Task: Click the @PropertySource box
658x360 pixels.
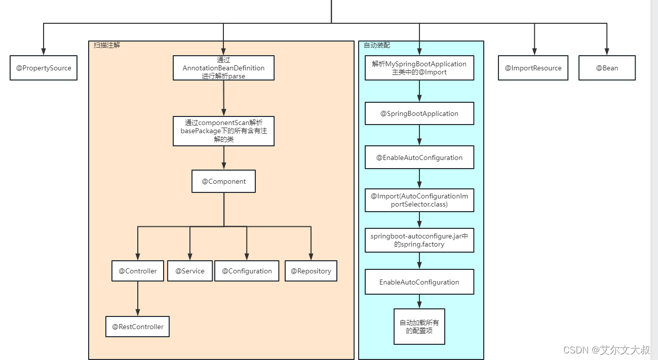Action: pyautogui.click(x=44, y=68)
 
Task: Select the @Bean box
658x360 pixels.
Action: pyautogui.click(x=607, y=68)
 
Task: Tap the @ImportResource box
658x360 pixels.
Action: pyautogui.click(x=533, y=68)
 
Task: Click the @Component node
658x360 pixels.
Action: pyautogui.click(x=223, y=181)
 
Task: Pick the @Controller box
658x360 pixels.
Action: pyautogui.click(x=138, y=271)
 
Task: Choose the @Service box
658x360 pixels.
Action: pyautogui.click(x=190, y=271)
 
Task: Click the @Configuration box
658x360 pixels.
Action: pyautogui.click(x=247, y=271)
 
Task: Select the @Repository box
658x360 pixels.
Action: pyautogui.click(x=311, y=271)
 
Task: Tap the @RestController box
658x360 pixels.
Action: pyautogui.click(x=137, y=327)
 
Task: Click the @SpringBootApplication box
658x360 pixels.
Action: pyautogui.click(x=419, y=113)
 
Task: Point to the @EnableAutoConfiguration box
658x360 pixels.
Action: pyautogui.click(x=419, y=157)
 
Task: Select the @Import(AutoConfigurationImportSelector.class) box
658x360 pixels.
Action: pyautogui.click(x=419, y=201)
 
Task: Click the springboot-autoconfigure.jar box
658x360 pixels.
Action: pyautogui.click(x=419, y=240)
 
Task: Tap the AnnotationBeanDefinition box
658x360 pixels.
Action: pyautogui.click(x=223, y=68)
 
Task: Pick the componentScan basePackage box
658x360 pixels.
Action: pyautogui.click(x=223, y=131)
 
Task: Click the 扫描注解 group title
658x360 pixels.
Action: pyautogui.click(x=107, y=45)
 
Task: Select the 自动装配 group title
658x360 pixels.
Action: pyautogui.click(x=377, y=45)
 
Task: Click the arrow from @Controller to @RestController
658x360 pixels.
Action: pyautogui.click(x=138, y=299)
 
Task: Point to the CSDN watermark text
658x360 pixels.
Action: pyautogui.click(x=607, y=350)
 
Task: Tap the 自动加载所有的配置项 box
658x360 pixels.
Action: pyautogui.click(x=419, y=327)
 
